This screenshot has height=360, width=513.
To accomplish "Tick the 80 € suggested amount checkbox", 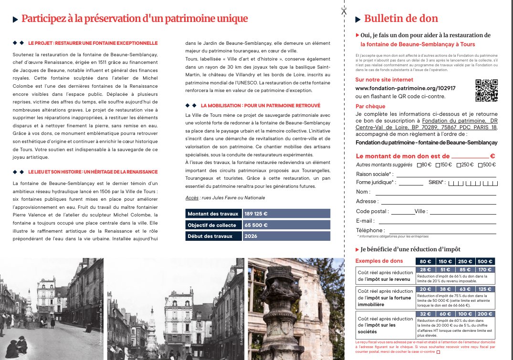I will tap(419, 165).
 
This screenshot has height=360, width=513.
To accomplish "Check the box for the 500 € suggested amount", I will tap(480, 165).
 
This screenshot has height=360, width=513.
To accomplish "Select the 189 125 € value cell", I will tap(286, 214).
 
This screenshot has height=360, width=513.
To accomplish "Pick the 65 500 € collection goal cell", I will tap(286, 225).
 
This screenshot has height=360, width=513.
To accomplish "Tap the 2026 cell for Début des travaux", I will tap(286, 236).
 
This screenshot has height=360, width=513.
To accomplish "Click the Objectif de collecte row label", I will tap(213, 225).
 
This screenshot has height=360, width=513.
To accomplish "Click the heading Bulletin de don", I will tap(401, 19).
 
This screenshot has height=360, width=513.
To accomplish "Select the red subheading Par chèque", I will tap(370, 106).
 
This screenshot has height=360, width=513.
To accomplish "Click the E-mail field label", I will tap(365, 221).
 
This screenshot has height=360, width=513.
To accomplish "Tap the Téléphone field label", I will tap(370, 230).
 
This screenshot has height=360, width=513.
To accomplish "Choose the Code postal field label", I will tap(372, 211).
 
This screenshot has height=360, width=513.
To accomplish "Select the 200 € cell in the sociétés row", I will tap(485, 314).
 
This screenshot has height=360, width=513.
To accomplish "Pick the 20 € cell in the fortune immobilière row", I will tap(422, 289).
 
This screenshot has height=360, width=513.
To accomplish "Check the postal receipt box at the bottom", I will tap(438, 353).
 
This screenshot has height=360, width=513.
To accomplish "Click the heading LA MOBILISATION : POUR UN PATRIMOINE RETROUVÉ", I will tap(261, 105).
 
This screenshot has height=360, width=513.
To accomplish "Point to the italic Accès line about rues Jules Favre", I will tap(225, 197).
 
